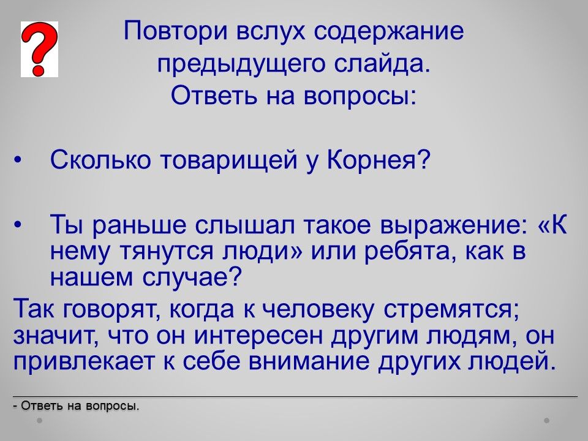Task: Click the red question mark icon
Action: [x=39, y=49]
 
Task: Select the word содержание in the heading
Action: [x=389, y=31]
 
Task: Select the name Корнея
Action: [x=378, y=160]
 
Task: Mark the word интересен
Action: [x=258, y=336]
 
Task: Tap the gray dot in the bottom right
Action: [x=547, y=420]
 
